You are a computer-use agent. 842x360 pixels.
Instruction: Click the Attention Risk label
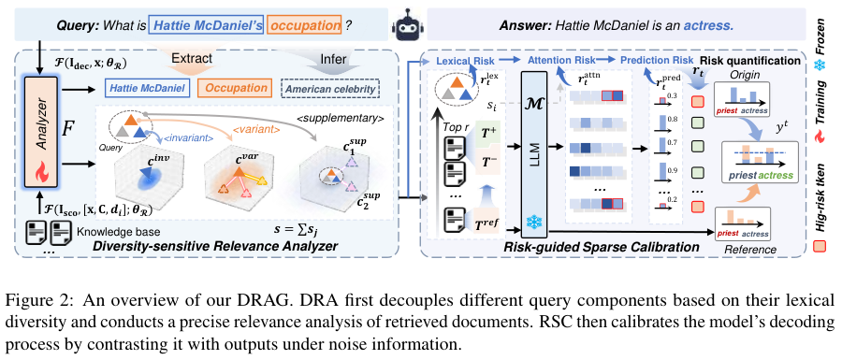pos(562,58)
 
